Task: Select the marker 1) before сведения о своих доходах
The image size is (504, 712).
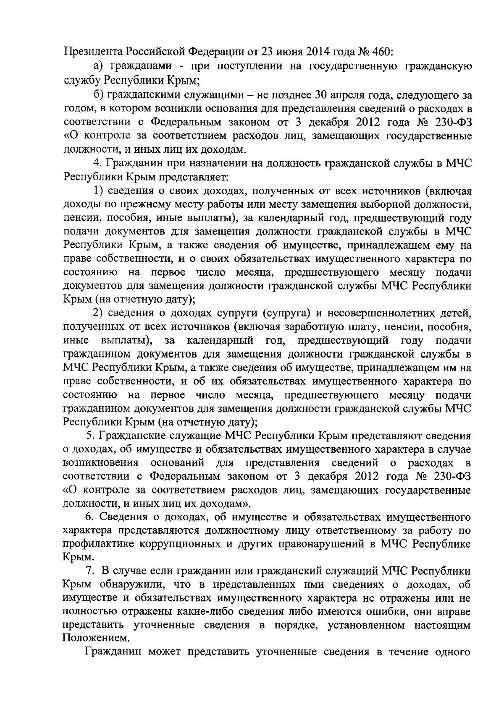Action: (98, 191)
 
